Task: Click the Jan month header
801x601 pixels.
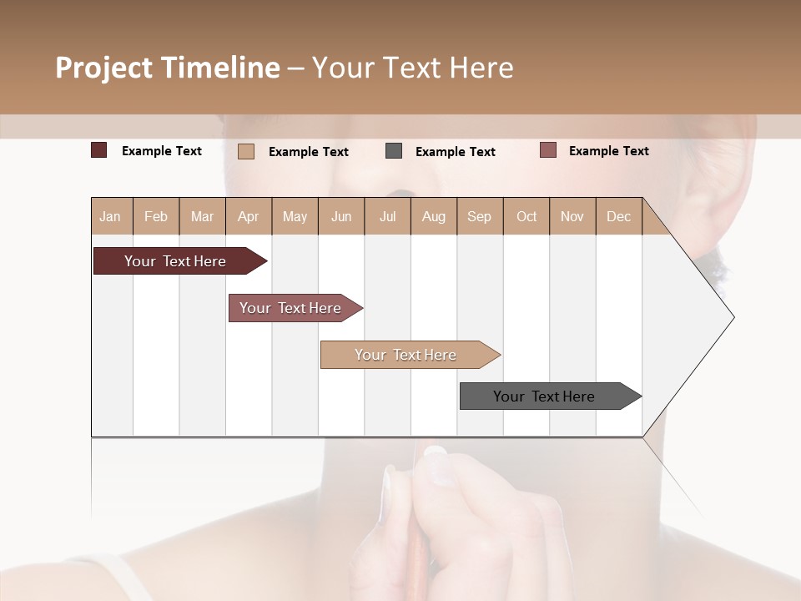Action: pos(111,216)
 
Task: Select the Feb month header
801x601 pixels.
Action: pos(156,216)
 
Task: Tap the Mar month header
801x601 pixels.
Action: pos(202,216)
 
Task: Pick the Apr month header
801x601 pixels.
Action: pos(249,216)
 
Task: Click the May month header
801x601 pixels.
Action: pos(295,216)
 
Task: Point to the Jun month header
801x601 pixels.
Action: pos(341,216)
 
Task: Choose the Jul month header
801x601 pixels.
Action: pos(387,216)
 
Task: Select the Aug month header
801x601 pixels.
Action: pos(434,216)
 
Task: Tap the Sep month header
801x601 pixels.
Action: pos(480,216)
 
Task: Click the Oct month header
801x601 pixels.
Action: pos(526,216)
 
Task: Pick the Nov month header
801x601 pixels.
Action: pos(572,216)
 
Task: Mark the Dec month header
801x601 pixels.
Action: pos(618,216)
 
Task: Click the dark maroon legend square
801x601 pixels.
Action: pos(99,150)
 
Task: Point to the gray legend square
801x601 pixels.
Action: pos(394,150)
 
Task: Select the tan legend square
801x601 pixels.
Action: pos(246,151)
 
